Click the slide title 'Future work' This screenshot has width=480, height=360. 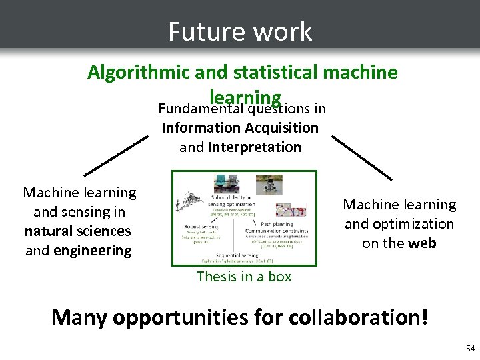pyautogui.click(x=240, y=31)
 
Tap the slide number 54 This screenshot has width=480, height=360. pyautogui.click(x=471, y=349)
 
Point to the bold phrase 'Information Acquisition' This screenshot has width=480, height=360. pyautogui.click(x=240, y=127)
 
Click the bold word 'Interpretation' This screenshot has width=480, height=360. pyautogui.click(x=255, y=147)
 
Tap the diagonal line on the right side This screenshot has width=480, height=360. pyautogui.click(x=363, y=157)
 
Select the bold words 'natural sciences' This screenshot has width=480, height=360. pyautogui.click(x=78, y=231)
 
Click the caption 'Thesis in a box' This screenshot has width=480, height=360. pyautogui.click(x=244, y=276)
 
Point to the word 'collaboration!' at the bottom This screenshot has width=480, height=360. pyautogui.click(x=359, y=316)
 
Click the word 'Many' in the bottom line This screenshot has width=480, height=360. pyautogui.click(x=79, y=316)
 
